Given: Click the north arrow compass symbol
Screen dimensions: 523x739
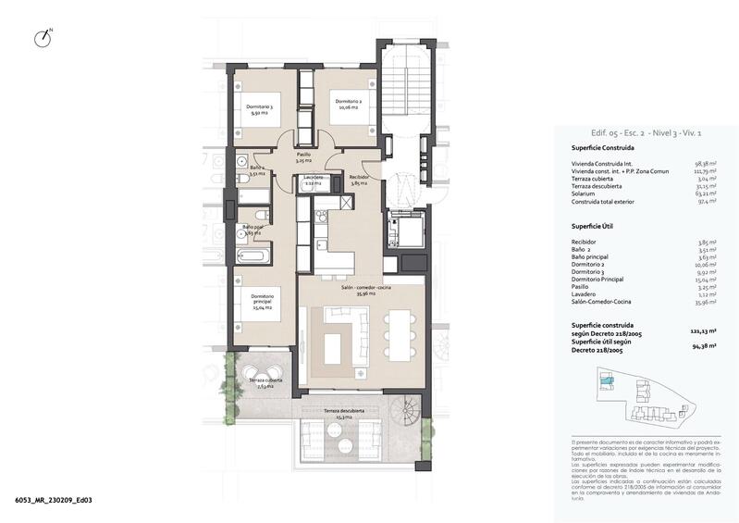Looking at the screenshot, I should [42, 38].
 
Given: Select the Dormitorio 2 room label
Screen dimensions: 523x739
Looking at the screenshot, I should [348, 105].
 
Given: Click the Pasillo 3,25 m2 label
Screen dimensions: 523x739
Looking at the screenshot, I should [303, 157].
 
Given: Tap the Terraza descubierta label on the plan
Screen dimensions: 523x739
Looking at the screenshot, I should [343, 414].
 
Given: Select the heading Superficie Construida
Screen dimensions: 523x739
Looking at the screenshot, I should [602, 147].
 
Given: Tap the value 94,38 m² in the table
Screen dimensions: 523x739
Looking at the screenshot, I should [706, 347].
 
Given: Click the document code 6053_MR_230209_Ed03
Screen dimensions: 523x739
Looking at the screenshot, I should [54, 501].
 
